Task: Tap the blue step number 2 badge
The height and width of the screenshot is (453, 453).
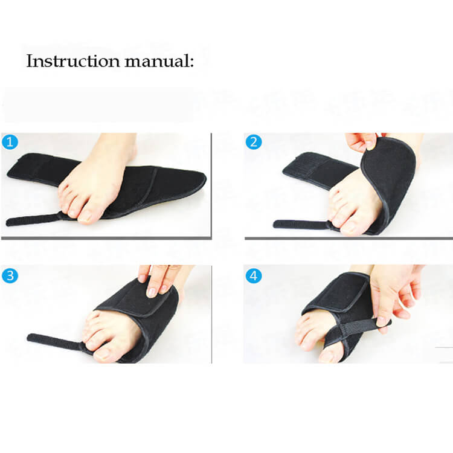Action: pos(254,143)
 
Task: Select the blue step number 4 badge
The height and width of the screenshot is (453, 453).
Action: pos(254,276)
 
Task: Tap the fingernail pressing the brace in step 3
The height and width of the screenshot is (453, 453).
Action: pos(152,292)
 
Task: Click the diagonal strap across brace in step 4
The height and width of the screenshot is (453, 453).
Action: pos(356,329)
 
